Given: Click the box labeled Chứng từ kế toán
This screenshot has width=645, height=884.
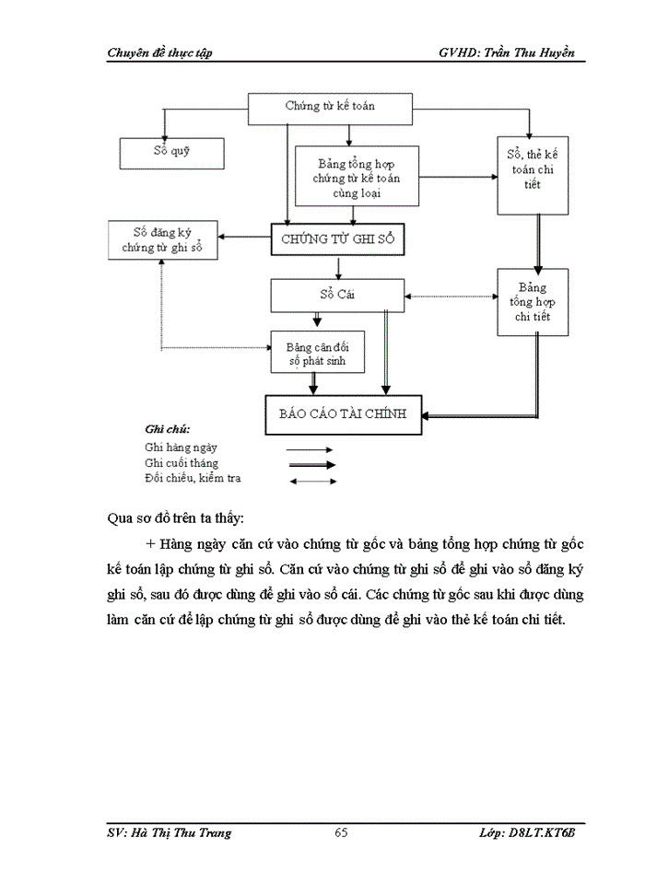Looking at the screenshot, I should tap(329, 107).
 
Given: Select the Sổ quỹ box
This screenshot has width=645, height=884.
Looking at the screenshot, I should tap(171, 152).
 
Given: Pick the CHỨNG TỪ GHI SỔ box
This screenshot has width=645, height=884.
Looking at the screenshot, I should tap(337, 238).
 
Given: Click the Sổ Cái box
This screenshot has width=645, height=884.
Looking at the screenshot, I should tap(337, 296).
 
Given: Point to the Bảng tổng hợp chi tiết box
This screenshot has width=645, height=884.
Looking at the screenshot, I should tap(533, 301).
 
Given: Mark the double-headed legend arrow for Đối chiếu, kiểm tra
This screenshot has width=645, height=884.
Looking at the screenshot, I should tap(312, 481).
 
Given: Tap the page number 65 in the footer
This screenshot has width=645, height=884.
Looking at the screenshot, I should tap(340, 832).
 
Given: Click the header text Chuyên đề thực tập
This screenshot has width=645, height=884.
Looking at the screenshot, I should tap(159, 52).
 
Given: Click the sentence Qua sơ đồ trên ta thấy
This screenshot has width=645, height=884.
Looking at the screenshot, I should tap(176, 518).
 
